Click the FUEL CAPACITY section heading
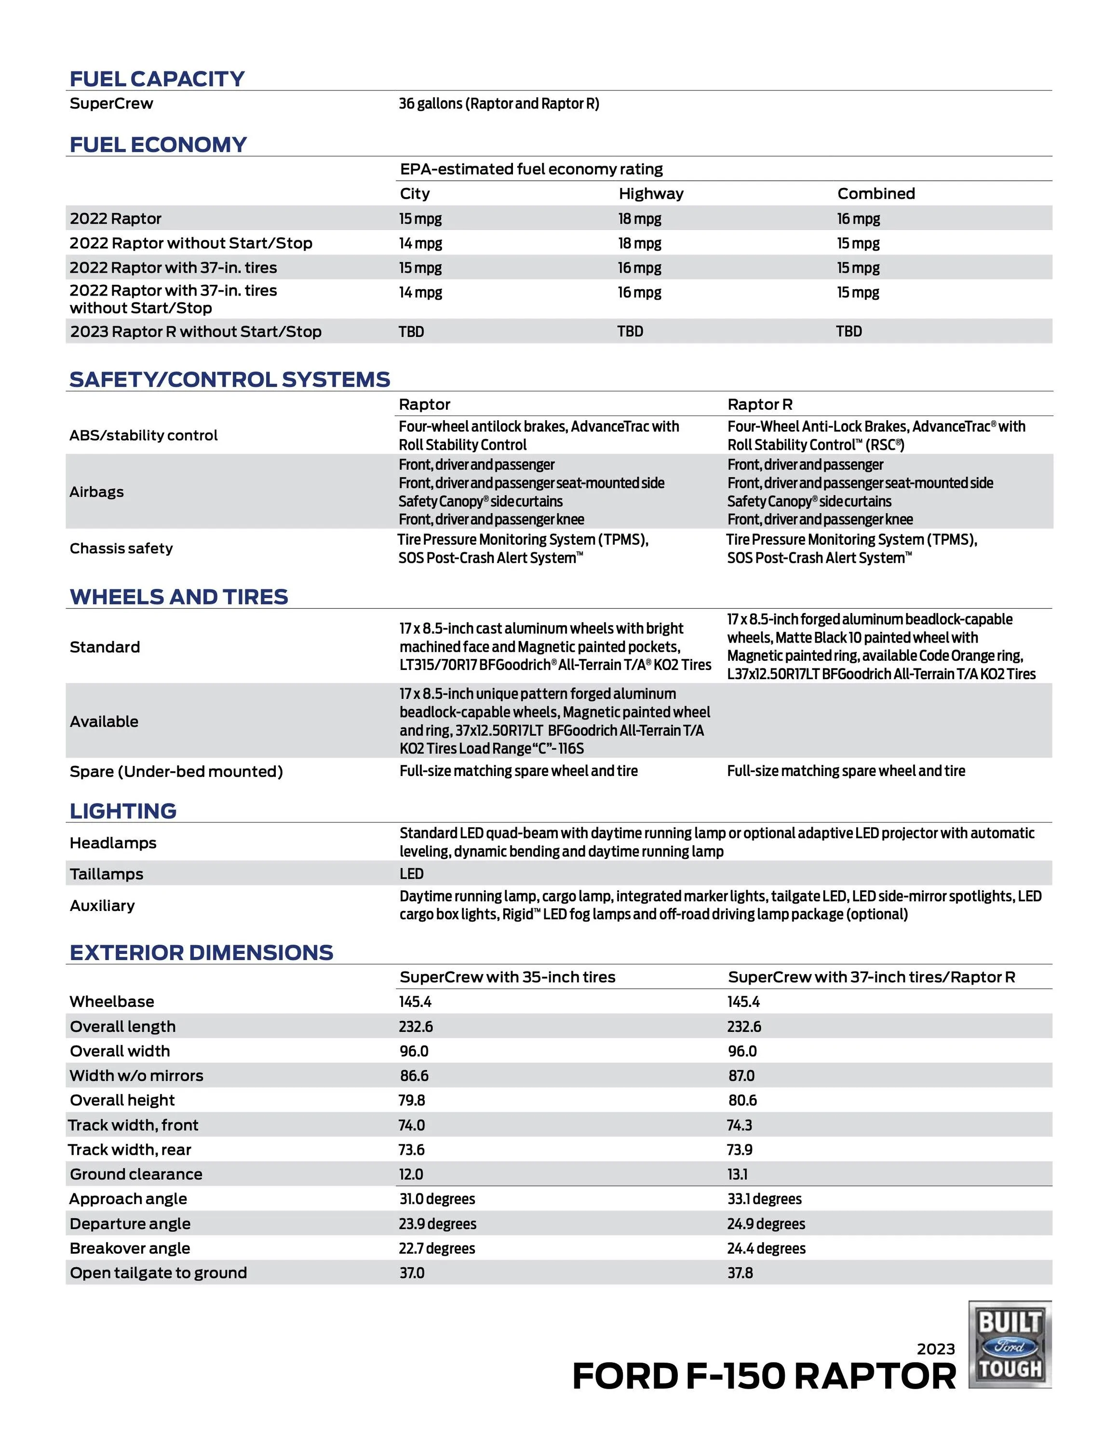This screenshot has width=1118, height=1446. tap(157, 79)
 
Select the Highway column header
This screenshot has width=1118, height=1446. tap(650, 194)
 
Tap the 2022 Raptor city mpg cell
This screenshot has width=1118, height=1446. tap(420, 218)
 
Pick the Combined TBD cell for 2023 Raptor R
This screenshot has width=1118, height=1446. tap(849, 332)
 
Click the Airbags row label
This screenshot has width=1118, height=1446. tap(97, 492)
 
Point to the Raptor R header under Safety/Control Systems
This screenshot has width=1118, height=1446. tap(760, 404)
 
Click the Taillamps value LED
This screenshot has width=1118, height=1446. tap(411, 874)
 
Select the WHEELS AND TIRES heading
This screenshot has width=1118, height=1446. tap(179, 597)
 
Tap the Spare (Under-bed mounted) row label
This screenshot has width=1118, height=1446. tap(176, 771)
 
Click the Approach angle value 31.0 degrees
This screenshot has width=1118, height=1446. tap(436, 1199)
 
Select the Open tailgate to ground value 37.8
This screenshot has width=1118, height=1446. tap(740, 1272)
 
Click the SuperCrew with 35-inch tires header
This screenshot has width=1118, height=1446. tap(507, 977)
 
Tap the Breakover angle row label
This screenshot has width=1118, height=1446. tap(130, 1248)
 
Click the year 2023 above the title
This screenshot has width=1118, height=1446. tap(935, 1349)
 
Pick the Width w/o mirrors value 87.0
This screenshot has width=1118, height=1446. tap(741, 1076)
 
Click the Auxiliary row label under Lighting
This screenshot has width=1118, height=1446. tap(102, 906)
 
